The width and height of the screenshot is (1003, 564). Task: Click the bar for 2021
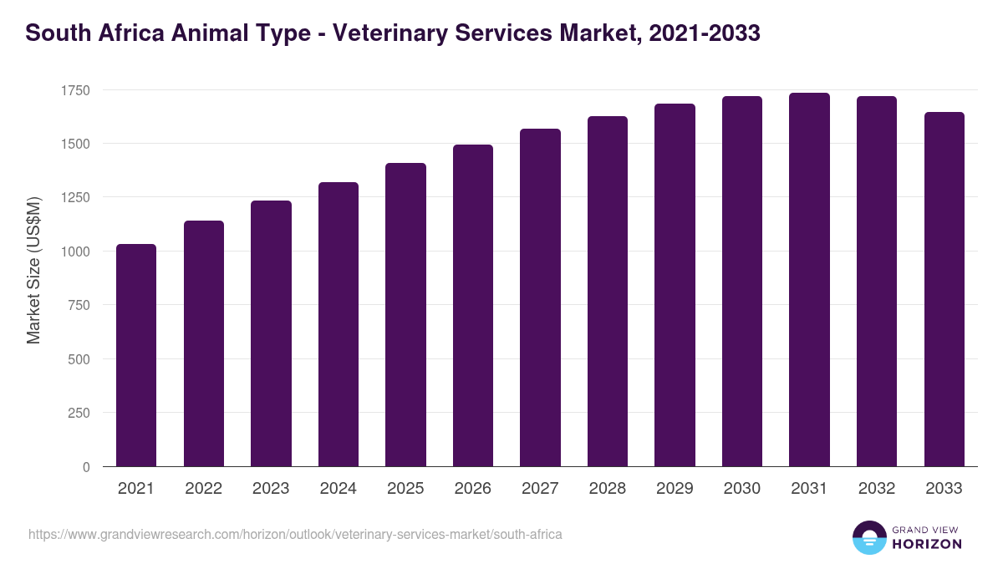[x=136, y=355]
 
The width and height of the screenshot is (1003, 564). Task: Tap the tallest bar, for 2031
[x=809, y=280]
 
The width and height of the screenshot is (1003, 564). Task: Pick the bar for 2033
[x=944, y=289]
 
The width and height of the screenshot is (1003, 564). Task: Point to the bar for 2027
[x=540, y=297]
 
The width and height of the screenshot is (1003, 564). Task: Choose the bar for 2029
[x=675, y=285]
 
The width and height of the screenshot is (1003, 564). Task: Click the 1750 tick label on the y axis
[x=75, y=90]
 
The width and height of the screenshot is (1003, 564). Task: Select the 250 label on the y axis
[x=79, y=413]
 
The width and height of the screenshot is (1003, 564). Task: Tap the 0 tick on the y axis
[x=86, y=467]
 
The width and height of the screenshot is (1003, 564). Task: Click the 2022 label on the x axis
[x=203, y=489]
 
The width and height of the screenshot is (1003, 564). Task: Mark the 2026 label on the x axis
[x=473, y=489]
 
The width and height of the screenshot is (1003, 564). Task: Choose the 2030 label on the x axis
[x=741, y=489]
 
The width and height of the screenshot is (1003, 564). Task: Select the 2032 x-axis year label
[x=876, y=489]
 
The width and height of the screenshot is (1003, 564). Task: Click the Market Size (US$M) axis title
[x=33, y=270]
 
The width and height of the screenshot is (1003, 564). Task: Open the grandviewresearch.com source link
[x=294, y=534]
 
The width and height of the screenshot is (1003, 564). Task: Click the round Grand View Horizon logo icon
[x=868, y=537]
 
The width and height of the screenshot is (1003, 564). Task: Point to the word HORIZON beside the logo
[x=927, y=544]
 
